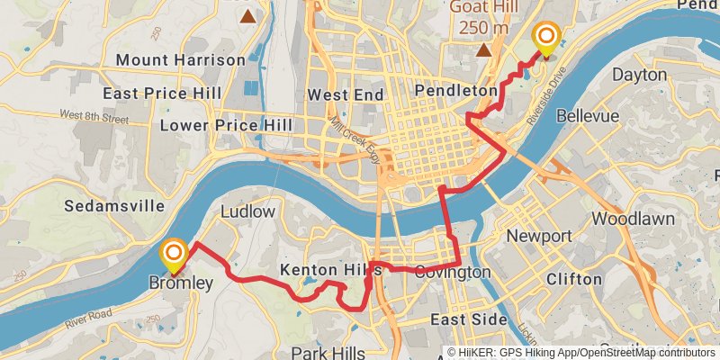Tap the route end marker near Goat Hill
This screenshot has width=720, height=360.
(x=545, y=39)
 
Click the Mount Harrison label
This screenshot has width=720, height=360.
(x=180, y=59)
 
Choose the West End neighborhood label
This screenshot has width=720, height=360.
(x=345, y=94)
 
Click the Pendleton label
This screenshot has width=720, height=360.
(x=456, y=91)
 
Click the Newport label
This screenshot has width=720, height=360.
(x=539, y=236)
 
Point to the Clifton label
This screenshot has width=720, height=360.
(x=574, y=279)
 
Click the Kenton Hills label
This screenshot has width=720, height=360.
(x=330, y=270)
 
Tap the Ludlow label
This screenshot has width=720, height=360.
(x=247, y=211)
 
